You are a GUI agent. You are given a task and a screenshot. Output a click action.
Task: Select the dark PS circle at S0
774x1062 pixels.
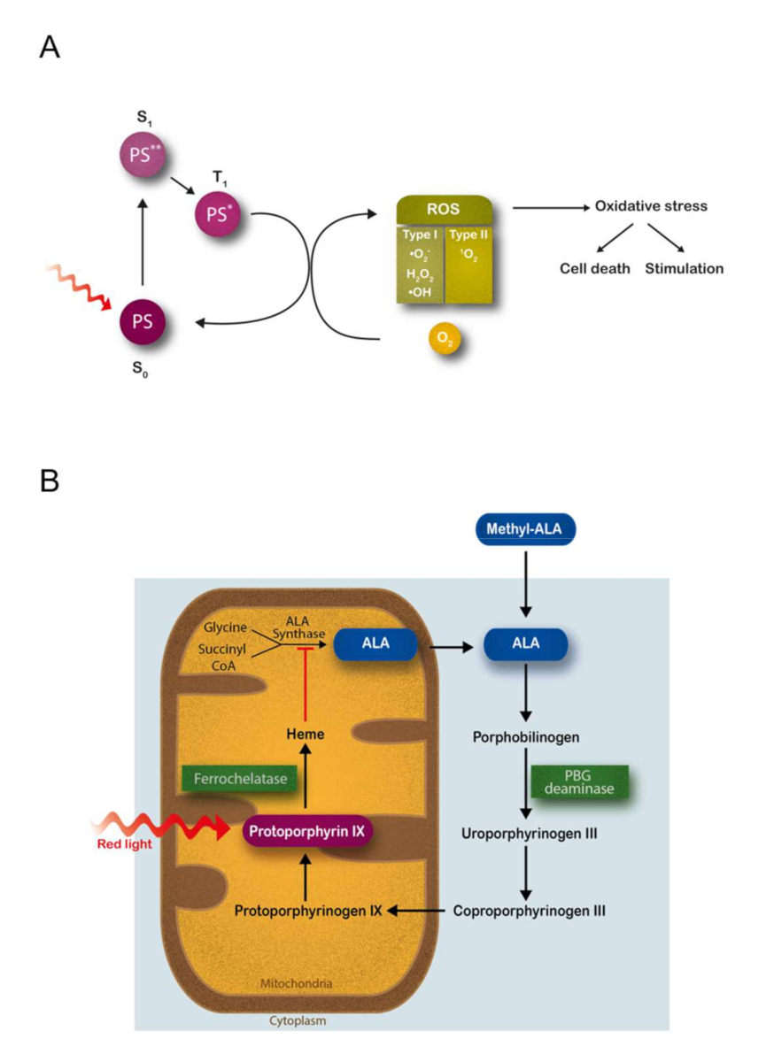(x=142, y=321)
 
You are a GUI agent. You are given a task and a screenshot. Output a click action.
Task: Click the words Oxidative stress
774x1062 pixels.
(x=651, y=207)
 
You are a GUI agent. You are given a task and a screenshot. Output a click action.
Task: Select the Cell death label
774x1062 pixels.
(x=595, y=268)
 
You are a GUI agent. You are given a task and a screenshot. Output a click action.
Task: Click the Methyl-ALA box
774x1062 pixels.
(x=526, y=529)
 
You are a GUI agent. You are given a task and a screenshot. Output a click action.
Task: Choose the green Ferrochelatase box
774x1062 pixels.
(x=238, y=778)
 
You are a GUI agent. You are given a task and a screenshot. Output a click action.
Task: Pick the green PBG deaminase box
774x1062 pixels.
(x=579, y=781)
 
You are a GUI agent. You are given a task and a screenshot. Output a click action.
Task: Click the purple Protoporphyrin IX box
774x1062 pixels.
(x=306, y=832)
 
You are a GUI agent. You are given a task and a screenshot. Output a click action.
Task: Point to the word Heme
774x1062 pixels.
(x=305, y=735)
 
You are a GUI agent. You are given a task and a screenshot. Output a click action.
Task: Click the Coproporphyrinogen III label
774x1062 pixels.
(x=529, y=910)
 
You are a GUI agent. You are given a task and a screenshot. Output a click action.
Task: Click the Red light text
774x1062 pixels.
(x=125, y=844)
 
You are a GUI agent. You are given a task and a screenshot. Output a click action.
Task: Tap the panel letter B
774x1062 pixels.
(x=50, y=481)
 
